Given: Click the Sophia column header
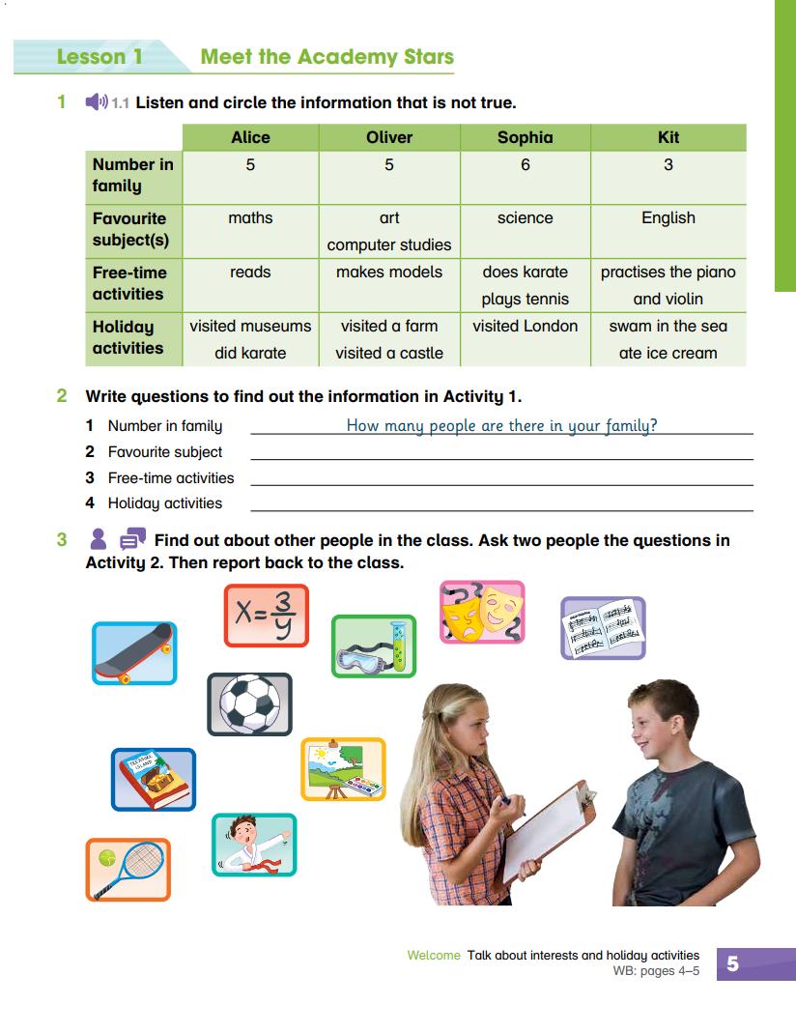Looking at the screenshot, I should [525, 137].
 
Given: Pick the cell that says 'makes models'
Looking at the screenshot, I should [388, 273].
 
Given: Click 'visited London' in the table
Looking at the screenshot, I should [525, 327].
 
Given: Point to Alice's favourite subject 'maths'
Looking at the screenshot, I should [250, 218].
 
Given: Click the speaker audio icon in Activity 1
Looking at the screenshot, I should [96, 102].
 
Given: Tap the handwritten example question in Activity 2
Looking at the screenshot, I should [501, 425].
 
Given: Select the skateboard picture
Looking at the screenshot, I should [134, 653].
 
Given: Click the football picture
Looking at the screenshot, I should [249, 703].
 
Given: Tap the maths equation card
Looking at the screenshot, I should [266, 616].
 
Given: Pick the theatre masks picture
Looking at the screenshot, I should [482, 612].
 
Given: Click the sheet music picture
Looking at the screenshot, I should [603, 628].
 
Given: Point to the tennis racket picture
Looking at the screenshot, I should [128, 870].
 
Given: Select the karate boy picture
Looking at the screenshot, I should [254, 845].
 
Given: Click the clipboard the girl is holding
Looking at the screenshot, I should [546, 830].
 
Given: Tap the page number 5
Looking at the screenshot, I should [732, 963].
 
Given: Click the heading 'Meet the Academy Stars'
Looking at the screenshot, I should [327, 56].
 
